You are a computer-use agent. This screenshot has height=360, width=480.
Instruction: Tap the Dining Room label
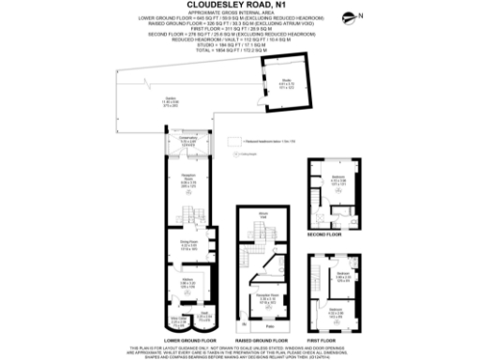[x=187, y=242]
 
